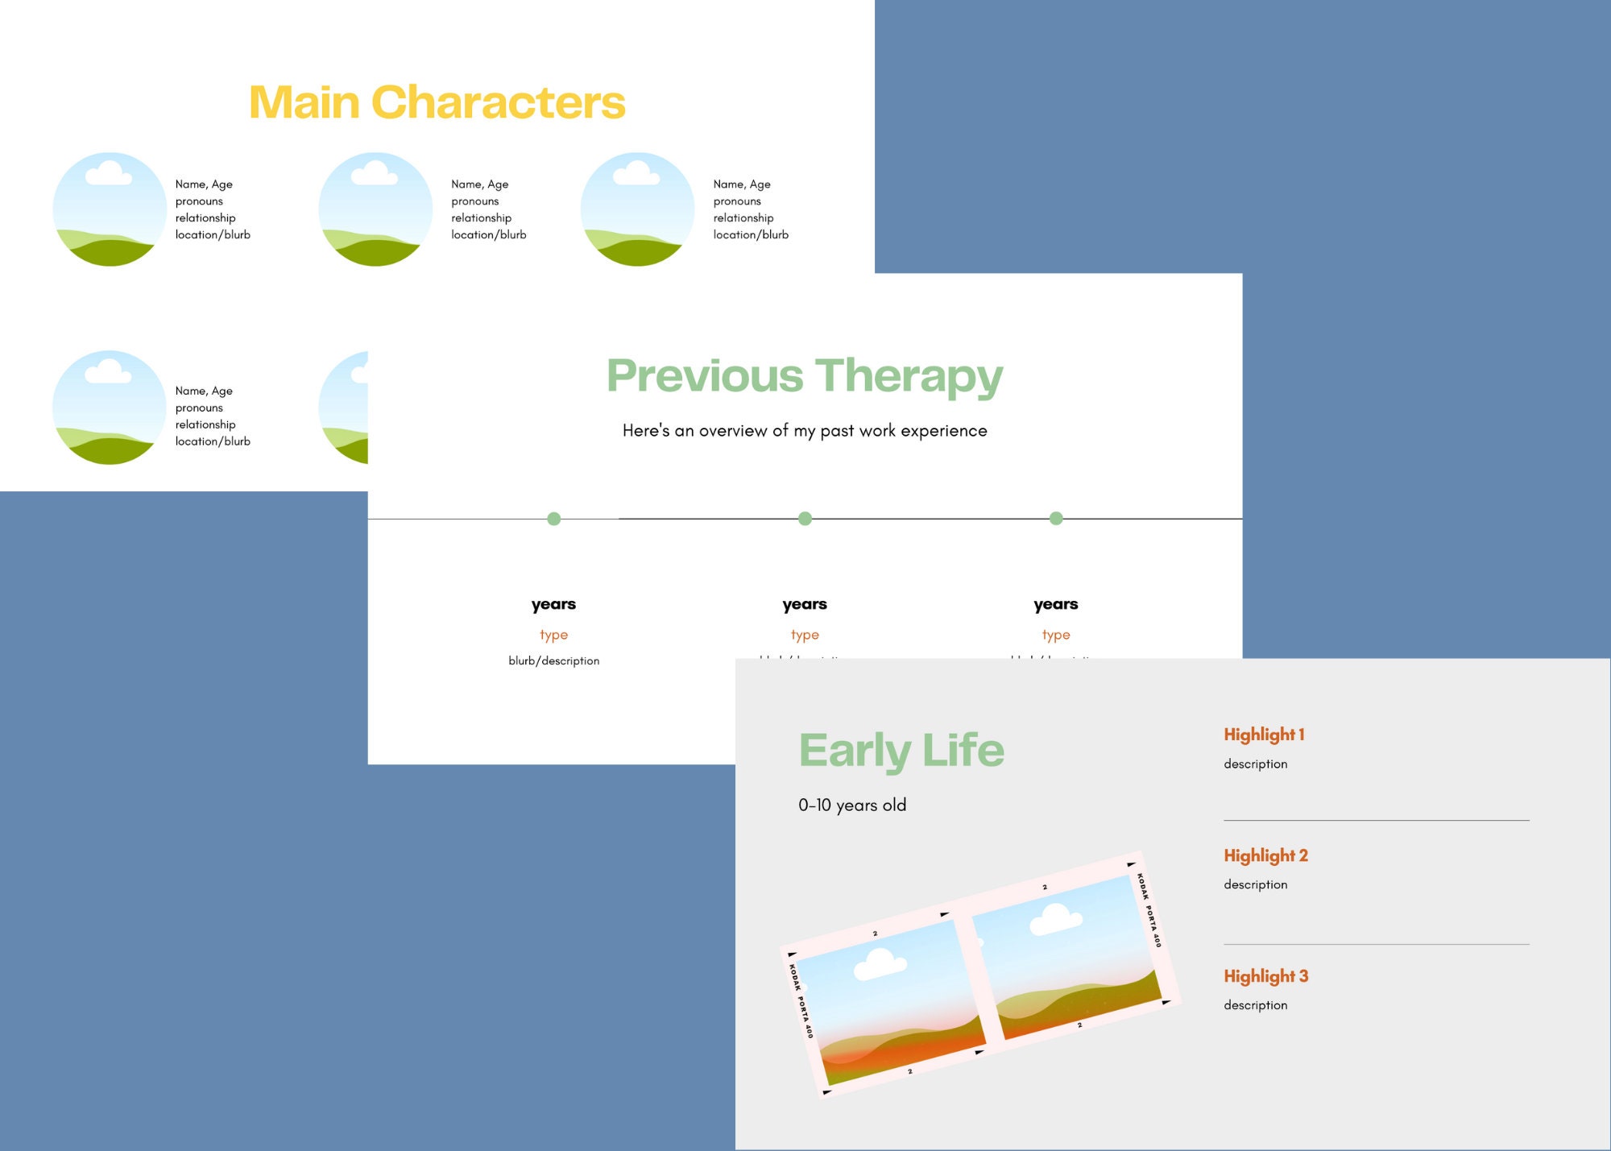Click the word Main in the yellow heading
[304, 103]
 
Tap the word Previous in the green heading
[705, 376]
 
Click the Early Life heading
[901, 751]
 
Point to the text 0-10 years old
[852, 805]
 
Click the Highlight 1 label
[1263, 735]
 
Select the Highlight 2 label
[1265, 855]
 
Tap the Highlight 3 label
[1265, 976]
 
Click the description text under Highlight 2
[1255, 884]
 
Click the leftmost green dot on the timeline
[553, 519]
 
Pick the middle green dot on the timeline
[805, 519]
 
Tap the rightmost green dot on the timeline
[1056, 519]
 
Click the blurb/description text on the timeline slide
[553, 660]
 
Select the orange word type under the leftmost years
[553, 635]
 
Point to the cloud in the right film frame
[1055, 918]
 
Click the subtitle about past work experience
[805, 431]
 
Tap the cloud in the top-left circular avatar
[109, 173]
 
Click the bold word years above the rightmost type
[1055, 604]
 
